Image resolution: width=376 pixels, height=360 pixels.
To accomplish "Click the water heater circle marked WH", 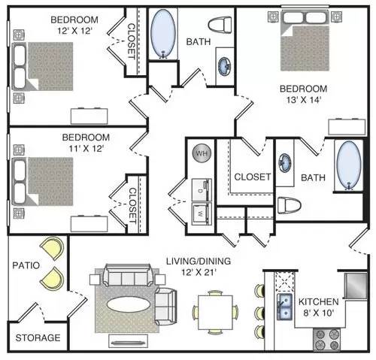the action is tap(202, 153).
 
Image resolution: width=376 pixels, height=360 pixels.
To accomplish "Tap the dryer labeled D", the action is tap(202, 189).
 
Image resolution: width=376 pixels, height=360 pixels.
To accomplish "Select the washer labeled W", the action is tap(202, 213).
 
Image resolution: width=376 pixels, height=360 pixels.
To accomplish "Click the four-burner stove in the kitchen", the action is tap(326, 340).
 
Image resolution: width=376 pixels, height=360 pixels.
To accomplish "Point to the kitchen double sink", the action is tap(285, 307).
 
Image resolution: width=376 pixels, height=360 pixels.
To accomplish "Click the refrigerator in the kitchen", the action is tap(356, 286).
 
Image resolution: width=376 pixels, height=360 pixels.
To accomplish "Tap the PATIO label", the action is tap(26, 265).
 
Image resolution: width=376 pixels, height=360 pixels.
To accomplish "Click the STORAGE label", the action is tap(38, 337).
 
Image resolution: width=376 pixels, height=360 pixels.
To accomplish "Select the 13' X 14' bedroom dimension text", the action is tap(304, 100).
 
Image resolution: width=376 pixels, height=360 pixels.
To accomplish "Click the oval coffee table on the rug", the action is tap(129, 304).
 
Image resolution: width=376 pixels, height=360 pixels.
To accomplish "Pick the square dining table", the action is tap(215, 312).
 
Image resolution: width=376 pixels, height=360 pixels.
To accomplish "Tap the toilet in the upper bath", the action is tap(220, 25).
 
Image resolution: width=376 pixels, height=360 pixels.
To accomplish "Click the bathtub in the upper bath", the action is tap(163, 34).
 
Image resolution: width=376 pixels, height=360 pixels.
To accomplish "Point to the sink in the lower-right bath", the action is tap(285, 163).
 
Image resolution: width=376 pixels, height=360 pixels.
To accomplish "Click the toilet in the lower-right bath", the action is tap(290, 205).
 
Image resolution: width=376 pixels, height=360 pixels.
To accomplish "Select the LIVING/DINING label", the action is tap(199, 261).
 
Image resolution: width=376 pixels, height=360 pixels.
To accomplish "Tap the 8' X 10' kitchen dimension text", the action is tap(318, 313).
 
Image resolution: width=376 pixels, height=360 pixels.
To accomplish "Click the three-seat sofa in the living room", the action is tap(129, 275).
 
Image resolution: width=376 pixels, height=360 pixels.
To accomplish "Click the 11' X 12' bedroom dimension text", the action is tap(86, 149).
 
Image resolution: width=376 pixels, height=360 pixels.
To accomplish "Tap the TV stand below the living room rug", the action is tap(128, 341).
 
